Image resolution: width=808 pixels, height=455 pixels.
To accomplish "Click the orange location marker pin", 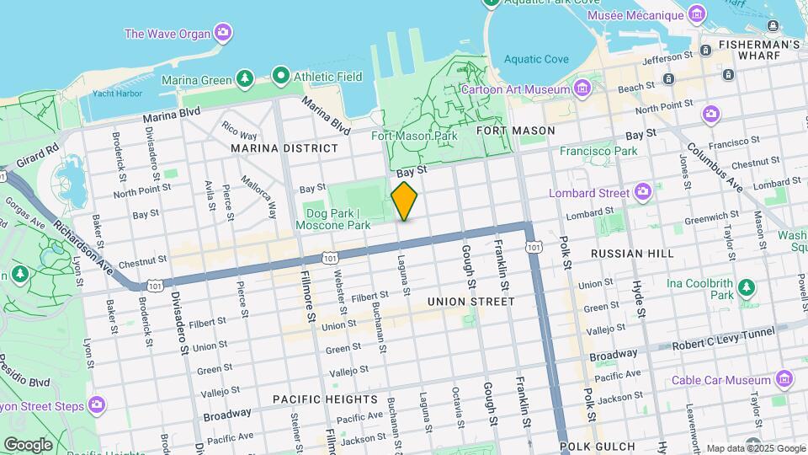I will (x=405, y=201).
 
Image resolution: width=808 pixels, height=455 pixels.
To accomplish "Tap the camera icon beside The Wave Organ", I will (x=223, y=34).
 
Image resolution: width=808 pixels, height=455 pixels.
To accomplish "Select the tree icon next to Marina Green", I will (x=245, y=79).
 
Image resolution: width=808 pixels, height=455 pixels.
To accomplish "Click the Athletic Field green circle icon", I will (x=280, y=76).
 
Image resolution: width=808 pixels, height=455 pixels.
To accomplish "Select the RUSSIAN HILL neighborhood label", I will (x=632, y=253).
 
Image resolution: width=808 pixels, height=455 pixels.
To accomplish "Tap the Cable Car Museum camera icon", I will (x=785, y=379).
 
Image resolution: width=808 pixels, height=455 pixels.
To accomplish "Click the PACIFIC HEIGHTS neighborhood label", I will (x=325, y=399).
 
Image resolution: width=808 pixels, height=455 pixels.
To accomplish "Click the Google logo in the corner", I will (x=28, y=444).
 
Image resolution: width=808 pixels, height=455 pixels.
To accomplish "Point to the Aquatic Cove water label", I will (x=536, y=59).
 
